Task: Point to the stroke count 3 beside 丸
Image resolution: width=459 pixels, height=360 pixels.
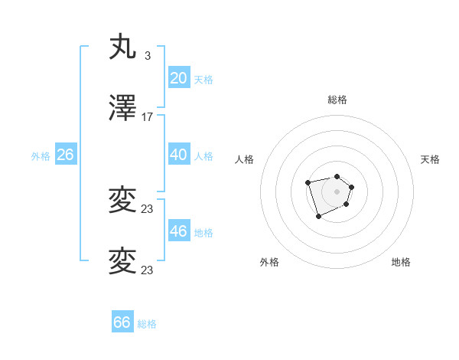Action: click(147, 55)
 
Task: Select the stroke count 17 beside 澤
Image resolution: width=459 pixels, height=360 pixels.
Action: click(148, 117)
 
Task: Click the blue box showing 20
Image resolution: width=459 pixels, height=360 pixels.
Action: click(179, 77)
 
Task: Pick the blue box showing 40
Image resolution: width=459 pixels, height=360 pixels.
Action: click(179, 155)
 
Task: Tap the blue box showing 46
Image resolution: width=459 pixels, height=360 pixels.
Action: click(179, 231)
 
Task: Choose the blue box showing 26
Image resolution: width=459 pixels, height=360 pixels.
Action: click(65, 155)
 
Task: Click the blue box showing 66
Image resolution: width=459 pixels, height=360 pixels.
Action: click(122, 322)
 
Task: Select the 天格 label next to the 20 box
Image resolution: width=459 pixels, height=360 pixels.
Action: click(203, 79)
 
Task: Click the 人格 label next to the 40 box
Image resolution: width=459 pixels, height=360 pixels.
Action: click(203, 156)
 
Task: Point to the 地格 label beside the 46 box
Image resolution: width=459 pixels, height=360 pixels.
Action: click(203, 233)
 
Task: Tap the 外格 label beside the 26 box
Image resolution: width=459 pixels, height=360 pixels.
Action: click(41, 156)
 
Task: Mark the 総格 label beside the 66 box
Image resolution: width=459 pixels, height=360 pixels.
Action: click(147, 324)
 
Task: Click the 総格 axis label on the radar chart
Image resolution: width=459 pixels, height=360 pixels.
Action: click(337, 100)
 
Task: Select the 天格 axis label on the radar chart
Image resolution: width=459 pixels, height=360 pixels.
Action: click(430, 159)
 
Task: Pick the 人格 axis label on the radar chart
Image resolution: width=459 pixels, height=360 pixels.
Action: click(244, 159)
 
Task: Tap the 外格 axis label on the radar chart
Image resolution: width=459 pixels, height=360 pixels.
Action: click(269, 262)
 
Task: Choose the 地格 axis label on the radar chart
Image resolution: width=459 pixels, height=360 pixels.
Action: click(401, 262)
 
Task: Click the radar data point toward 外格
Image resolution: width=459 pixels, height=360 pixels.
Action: click(318, 217)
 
